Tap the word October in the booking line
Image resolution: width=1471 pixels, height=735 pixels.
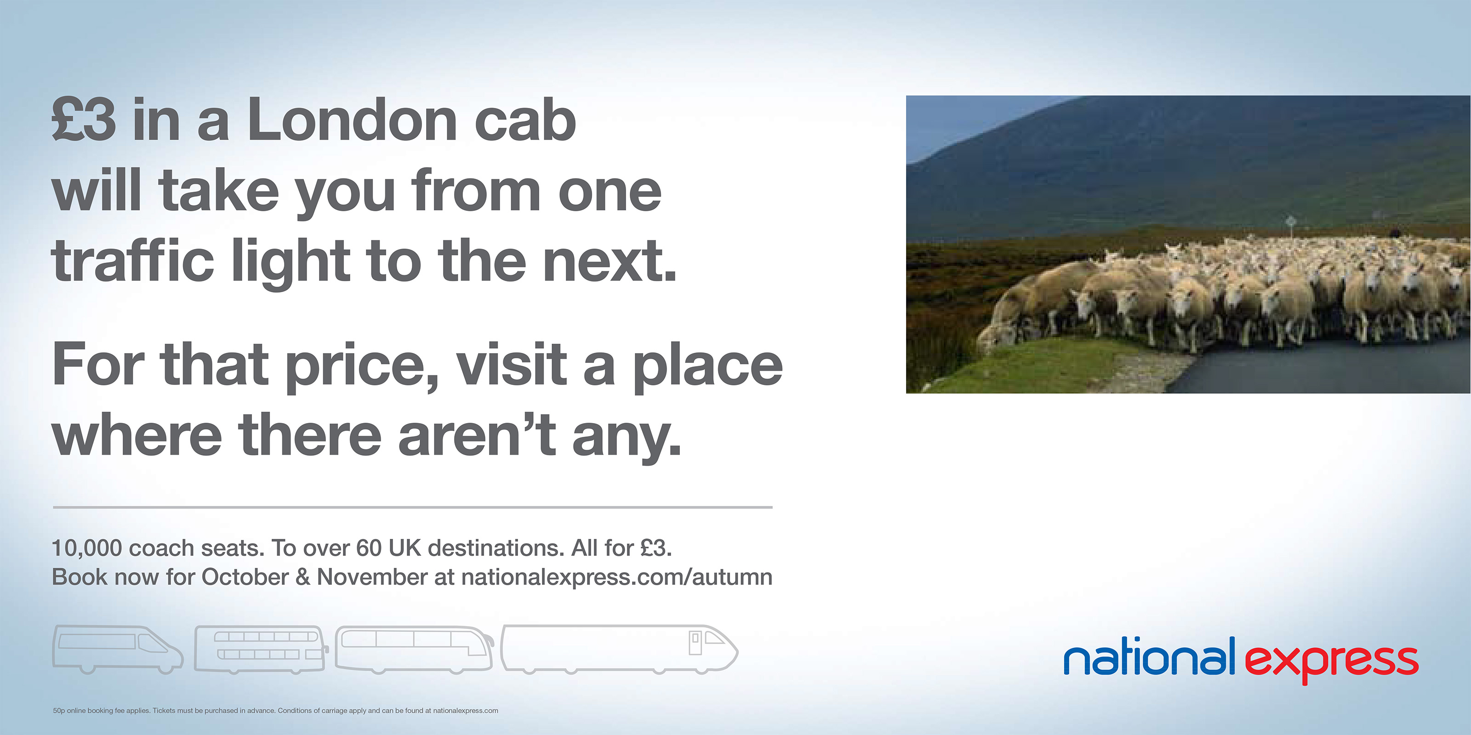pyautogui.click(x=245, y=577)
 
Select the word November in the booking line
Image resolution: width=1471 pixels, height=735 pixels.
pyautogui.click(x=372, y=577)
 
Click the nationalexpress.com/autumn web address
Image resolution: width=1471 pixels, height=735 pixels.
pyautogui.click(x=617, y=577)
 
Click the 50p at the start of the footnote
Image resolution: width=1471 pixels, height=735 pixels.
pyautogui.click(x=59, y=711)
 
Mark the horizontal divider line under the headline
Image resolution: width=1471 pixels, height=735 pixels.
pyautogui.click(x=412, y=507)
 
